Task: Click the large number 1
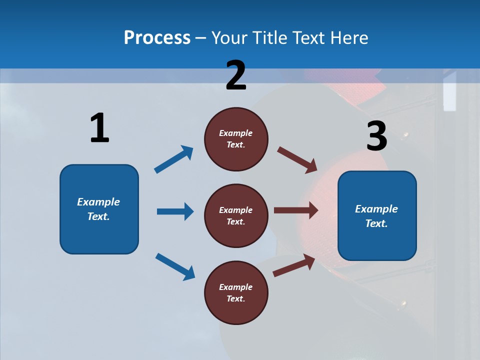[99, 128]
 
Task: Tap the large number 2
[236, 75]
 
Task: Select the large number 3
[376, 136]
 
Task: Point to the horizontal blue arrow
[175, 211]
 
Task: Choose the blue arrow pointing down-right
[175, 266]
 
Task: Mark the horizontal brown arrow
[296, 210]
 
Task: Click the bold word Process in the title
[157, 37]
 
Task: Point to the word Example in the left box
[98, 202]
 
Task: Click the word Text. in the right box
[376, 223]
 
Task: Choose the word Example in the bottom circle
[236, 287]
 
